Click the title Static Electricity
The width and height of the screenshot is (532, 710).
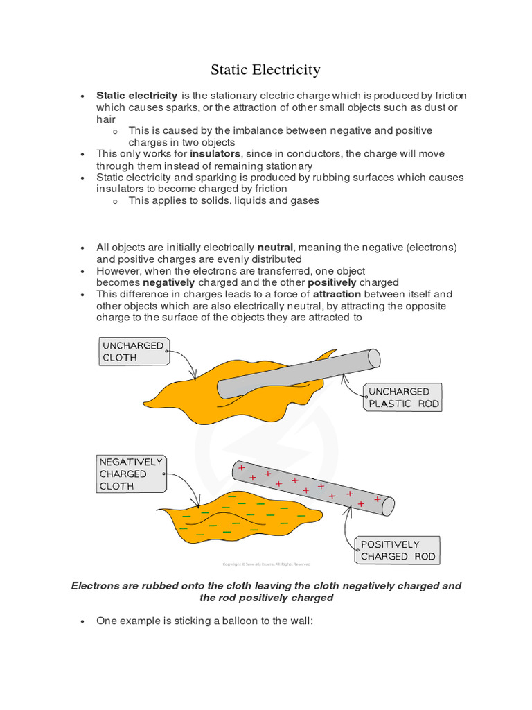[x=265, y=70]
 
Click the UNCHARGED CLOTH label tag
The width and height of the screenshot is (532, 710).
[x=133, y=352]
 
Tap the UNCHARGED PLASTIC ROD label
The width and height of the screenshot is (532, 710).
[x=403, y=397]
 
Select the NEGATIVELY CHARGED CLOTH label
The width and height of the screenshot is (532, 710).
[x=131, y=474]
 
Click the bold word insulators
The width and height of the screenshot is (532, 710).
[x=215, y=154]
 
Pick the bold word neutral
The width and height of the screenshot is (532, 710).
[x=275, y=248]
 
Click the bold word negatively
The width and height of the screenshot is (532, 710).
[x=169, y=283]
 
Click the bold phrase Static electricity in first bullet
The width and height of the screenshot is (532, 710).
[x=137, y=95]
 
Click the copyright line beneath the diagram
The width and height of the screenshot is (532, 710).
[x=265, y=564]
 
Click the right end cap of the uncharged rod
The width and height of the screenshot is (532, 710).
[x=373, y=358]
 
